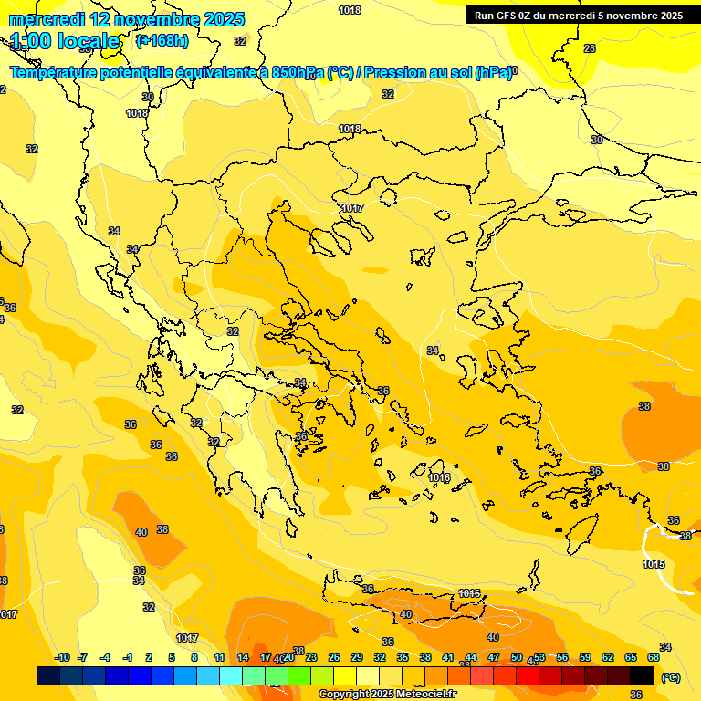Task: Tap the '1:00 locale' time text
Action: click(x=65, y=41)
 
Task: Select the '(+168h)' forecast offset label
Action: click(x=162, y=40)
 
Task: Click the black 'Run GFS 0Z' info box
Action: click(x=579, y=16)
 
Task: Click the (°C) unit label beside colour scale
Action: click(x=670, y=677)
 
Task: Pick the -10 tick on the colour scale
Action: click(x=62, y=657)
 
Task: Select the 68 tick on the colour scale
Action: click(x=654, y=657)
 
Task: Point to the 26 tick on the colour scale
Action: click(x=334, y=657)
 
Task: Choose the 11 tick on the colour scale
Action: click(x=220, y=657)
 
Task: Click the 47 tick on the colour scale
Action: click(x=494, y=657)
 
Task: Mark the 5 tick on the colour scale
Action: click(x=172, y=657)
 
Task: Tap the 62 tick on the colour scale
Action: click(x=608, y=657)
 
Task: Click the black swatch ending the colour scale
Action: click(x=642, y=676)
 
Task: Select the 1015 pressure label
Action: click(x=654, y=564)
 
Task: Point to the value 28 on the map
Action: click(x=590, y=48)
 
